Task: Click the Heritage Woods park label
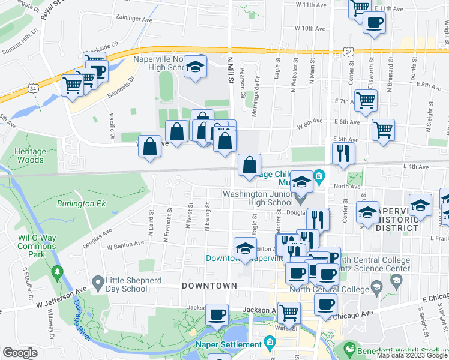(x=29, y=156)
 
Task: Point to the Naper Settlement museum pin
(x=270, y=344)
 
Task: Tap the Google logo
(x=20, y=353)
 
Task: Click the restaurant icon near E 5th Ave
(x=343, y=153)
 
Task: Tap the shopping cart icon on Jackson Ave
(x=289, y=313)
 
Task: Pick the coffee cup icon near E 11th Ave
(x=375, y=23)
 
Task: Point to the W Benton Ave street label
(x=125, y=245)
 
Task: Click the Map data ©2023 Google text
(x=411, y=355)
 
